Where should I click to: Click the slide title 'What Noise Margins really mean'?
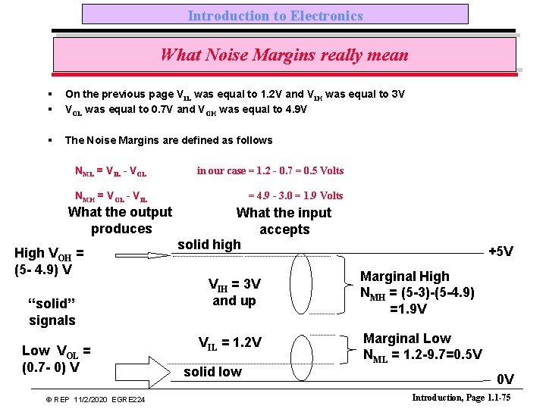tap(284, 55)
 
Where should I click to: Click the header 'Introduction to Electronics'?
tap(275, 15)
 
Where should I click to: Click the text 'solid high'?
tap(209, 244)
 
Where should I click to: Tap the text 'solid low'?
tap(212, 372)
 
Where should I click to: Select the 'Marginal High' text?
tap(404, 276)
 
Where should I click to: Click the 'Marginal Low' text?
tap(406, 339)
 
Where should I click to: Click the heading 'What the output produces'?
tap(121, 220)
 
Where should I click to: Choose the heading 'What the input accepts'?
tap(284, 221)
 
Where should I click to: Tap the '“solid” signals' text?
tap(52, 311)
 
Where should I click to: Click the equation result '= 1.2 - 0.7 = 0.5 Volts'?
tap(270, 170)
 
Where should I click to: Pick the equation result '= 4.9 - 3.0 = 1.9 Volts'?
tap(296, 195)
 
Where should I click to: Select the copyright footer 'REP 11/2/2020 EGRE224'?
tap(96, 399)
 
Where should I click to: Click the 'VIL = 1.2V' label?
tap(230, 342)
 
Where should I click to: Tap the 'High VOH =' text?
tap(49, 254)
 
